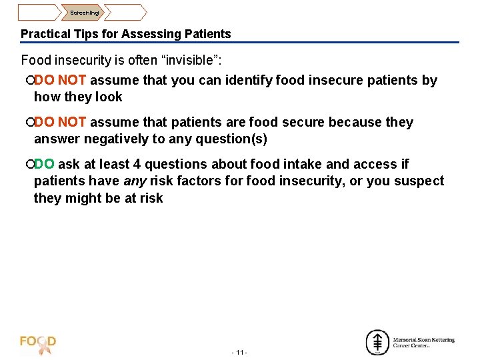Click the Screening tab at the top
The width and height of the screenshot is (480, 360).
(85, 12)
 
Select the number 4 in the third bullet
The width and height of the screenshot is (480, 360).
(137, 164)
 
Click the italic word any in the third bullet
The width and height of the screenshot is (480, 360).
(135, 181)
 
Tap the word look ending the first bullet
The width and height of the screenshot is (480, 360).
(109, 97)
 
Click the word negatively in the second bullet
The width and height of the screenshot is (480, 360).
(107, 139)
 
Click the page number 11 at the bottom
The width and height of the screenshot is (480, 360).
(239, 352)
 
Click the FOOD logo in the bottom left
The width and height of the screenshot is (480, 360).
(38, 343)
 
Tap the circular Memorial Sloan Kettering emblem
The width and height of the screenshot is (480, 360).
(377, 342)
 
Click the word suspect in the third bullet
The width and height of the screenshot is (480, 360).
(421, 181)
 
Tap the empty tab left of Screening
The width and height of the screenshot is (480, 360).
(38, 12)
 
